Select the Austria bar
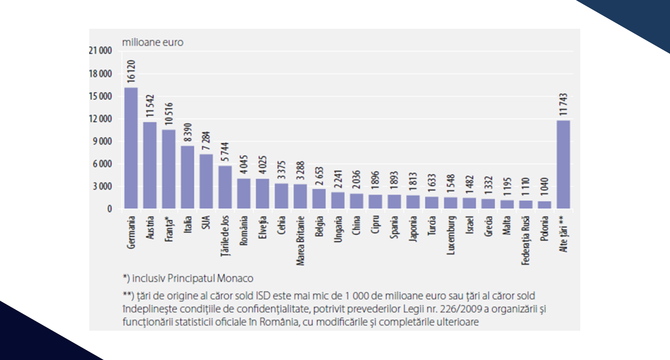click(150, 165)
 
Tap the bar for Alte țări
click(563, 164)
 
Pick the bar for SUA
click(206, 181)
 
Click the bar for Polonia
click(544, 204)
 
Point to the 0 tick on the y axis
click(109, 209)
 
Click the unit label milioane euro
click(153, 42)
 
